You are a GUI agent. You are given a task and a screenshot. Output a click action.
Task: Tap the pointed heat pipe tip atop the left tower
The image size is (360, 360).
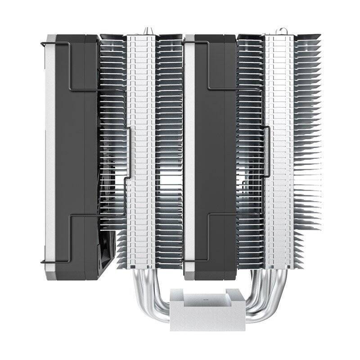click(145, 31)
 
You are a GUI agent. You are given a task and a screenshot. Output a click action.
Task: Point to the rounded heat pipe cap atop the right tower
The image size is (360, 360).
click(281, 31)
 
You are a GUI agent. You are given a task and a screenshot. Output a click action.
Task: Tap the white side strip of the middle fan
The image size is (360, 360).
click(189, 148)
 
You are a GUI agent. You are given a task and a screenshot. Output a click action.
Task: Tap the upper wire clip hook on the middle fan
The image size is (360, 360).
click(185, 43)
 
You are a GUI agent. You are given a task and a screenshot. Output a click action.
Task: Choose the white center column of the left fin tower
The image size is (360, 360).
click(141, 148)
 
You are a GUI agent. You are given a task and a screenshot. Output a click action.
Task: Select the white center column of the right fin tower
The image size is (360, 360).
click(279, 148)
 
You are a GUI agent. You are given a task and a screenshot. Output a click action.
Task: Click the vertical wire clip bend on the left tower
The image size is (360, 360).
click(130, 153)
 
